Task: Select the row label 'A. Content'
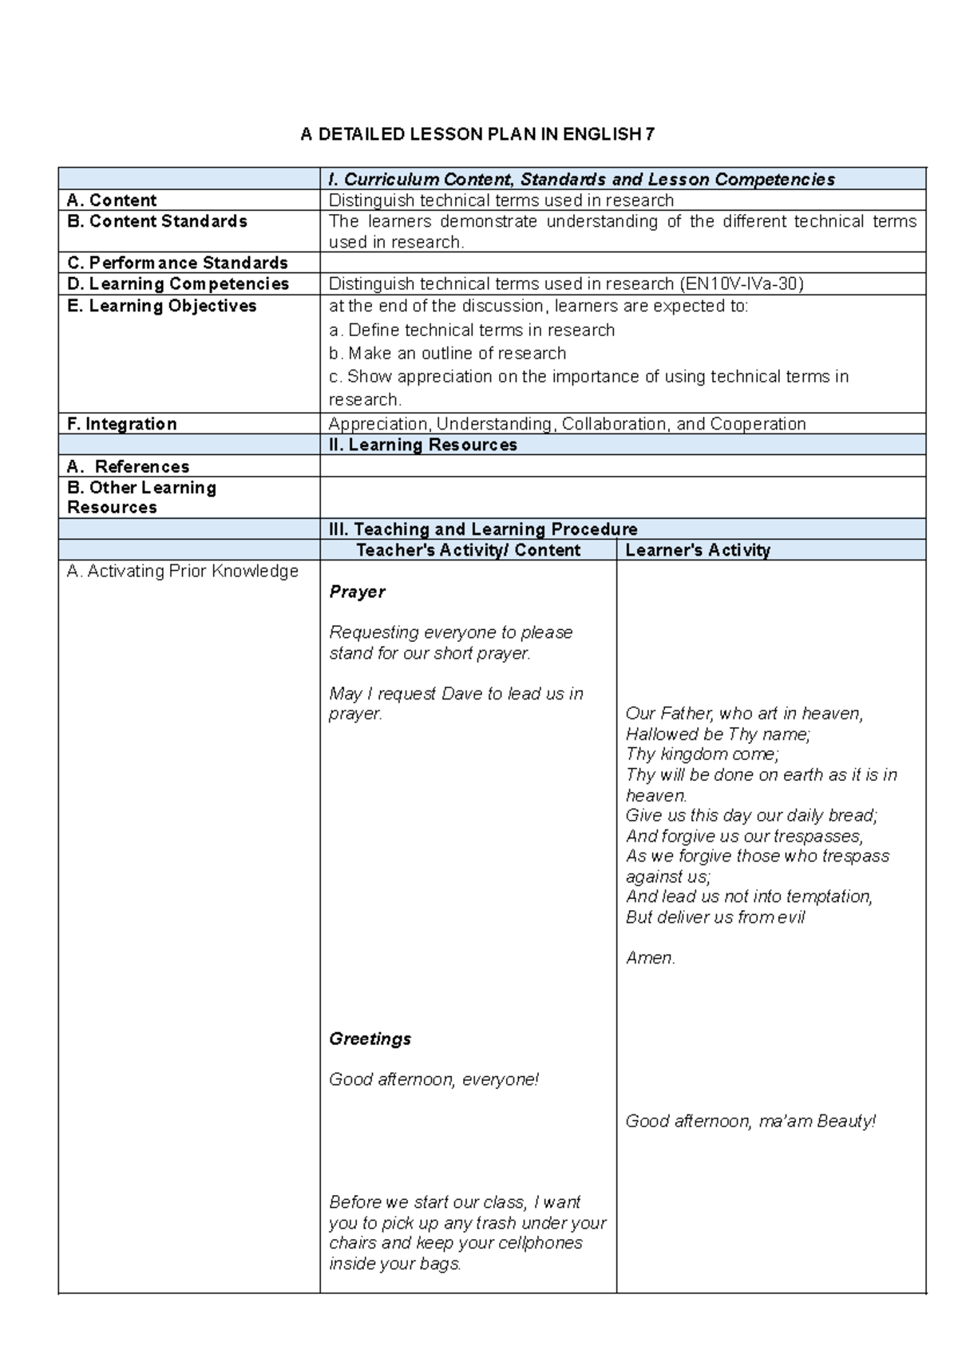[112, 200]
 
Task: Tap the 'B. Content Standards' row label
[157, 221]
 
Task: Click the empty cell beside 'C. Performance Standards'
[623, 263]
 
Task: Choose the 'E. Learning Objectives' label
[162, 306]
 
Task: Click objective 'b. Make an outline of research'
[447, 353]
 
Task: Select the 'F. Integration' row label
[122, 424]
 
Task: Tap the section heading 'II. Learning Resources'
[423, 445]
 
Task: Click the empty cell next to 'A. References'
[623, 466]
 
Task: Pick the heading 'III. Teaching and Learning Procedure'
[483, 529]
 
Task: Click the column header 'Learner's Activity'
[698, 550]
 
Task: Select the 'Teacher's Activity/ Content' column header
[468, 550]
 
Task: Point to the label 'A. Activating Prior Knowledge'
[183, 571]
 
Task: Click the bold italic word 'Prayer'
[357, 592]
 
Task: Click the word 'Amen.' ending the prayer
[651, 958]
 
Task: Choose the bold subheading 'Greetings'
[370, 1039]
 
